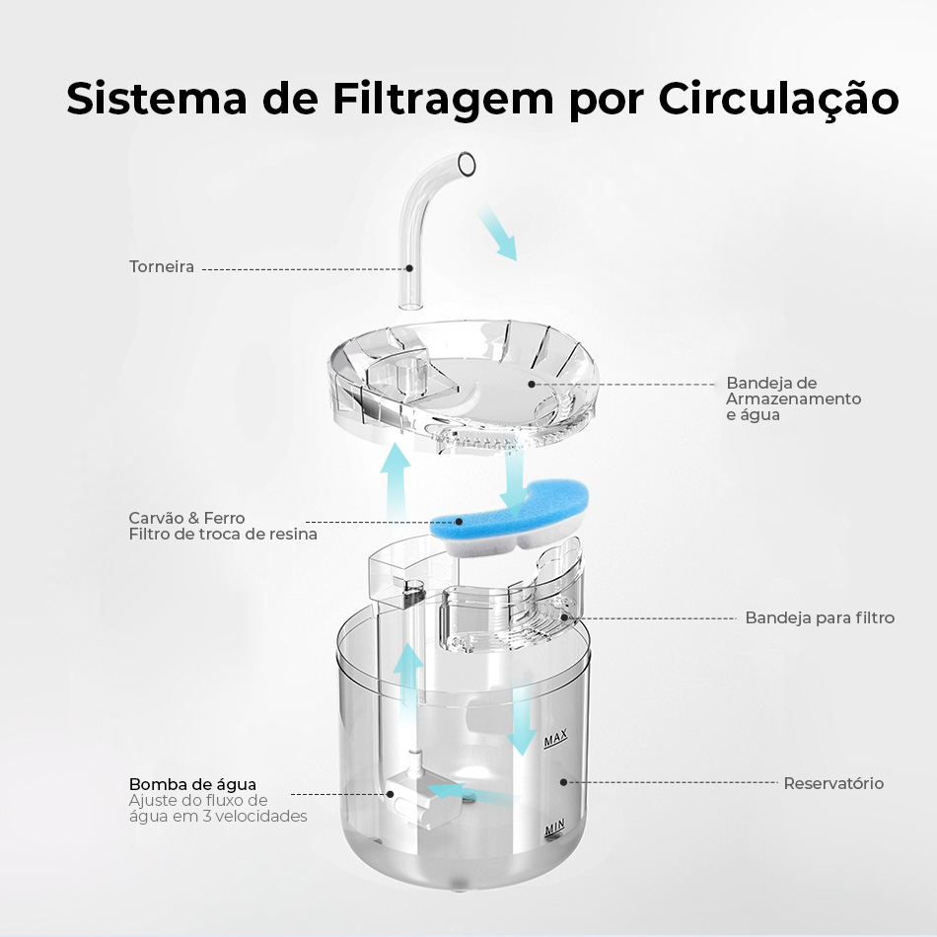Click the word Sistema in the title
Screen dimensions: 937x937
[157, 98]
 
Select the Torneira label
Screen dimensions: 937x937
[162, 266]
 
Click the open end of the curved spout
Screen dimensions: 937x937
[467, 164]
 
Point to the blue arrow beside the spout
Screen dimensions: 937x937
[497, 233]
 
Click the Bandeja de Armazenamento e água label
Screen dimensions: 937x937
[794, 398]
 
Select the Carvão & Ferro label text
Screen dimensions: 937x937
[187, 518]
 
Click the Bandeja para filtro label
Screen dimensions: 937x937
[820, 617]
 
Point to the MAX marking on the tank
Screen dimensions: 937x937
[555, 739]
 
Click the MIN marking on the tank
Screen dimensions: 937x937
[554, 829]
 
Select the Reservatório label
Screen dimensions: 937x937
[833, 783]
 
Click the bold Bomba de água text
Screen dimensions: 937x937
[192, 784]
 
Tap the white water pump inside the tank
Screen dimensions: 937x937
[423, 798]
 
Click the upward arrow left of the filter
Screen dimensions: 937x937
[395, 479]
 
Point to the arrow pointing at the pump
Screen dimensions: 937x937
[472, 793]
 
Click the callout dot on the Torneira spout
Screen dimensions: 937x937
[409, 268]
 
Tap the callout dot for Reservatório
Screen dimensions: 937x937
[563, 782]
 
